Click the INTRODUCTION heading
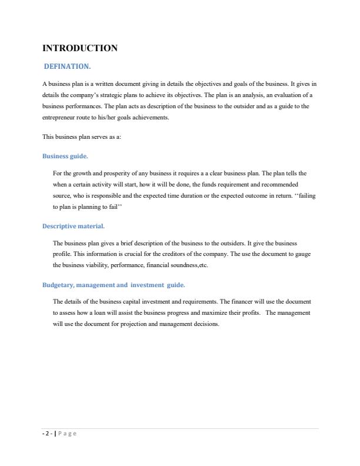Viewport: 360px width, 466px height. click(80, 48)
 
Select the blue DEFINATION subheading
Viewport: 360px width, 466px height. click(67, 66)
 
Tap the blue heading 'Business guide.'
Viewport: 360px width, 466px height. click(65, 157)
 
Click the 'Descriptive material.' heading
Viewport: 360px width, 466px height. click(74, 226)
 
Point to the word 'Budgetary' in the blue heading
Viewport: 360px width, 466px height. click(58, 285)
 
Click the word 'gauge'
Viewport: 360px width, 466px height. click(303, 254)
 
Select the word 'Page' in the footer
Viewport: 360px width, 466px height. click(67, 434)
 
